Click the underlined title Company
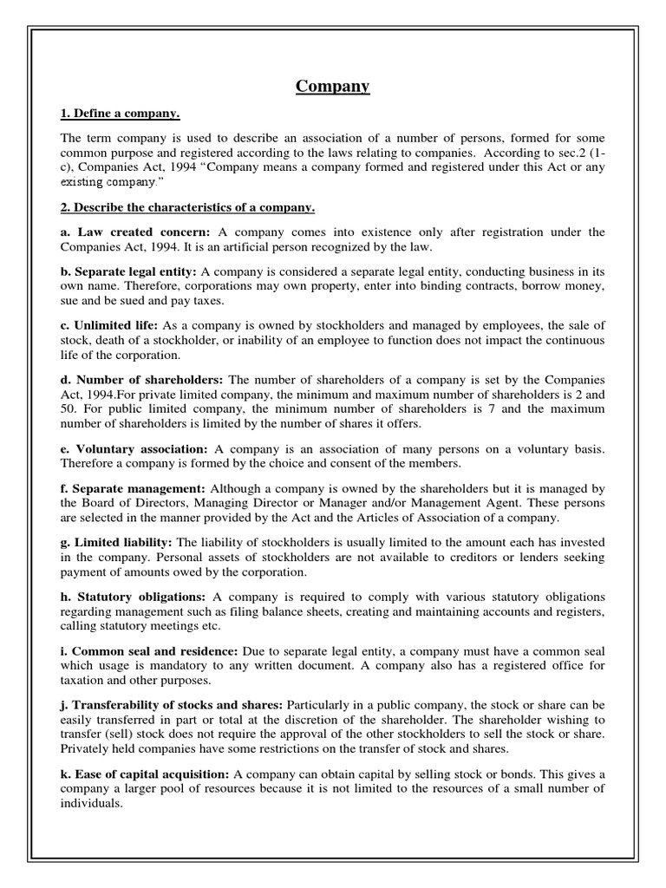[333, 86]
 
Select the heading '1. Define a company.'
[121, 114]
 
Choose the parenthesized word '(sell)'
[120, 735]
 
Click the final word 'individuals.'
[91, 803]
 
